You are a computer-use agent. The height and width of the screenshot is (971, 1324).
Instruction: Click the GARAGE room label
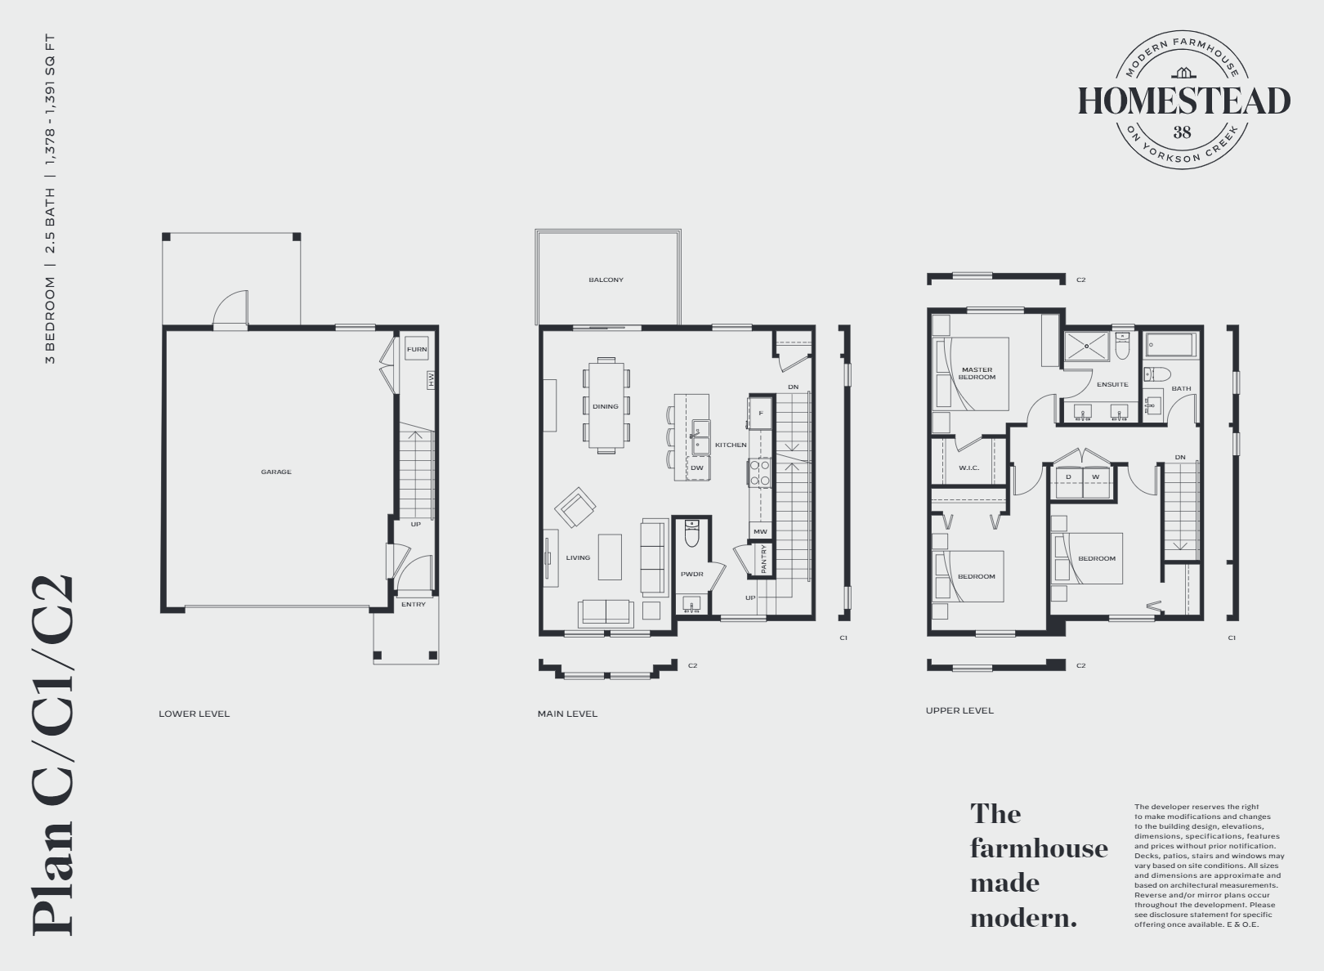tap(276, 472)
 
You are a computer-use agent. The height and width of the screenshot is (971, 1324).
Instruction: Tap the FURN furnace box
tap(417, 350)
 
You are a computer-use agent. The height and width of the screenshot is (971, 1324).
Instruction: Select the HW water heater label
tap(430, 379)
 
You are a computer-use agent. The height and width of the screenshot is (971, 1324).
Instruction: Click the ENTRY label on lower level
tap(414, 604)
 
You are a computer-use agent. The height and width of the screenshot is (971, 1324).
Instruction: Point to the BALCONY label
tap(606, 280)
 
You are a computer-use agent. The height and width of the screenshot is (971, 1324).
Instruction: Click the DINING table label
tap(606, 406)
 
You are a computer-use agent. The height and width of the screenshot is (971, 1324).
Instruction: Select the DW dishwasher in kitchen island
tap(697, 468)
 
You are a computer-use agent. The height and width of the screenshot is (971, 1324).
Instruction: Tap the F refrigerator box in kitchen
tap(761, 414)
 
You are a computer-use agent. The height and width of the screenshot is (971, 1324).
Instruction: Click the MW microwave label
tap(760, 531)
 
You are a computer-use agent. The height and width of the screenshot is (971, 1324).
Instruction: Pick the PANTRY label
tap(763, 560)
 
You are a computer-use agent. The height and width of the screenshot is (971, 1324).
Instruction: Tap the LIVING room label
tap(578, 557)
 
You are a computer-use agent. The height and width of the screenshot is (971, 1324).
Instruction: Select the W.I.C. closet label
tap(968, 468)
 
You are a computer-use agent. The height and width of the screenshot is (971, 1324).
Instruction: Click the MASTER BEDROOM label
tap(977, 374)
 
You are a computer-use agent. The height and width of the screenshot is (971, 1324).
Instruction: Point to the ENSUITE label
tap(1112, 384)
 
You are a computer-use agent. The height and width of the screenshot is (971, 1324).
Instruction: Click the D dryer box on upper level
tap(1069, 477)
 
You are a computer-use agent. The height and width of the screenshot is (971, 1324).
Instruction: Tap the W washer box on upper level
tap(1095, 477)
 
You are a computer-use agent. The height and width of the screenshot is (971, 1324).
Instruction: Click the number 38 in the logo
tap(1182, 132)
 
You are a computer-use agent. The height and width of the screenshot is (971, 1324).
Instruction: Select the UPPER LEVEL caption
tap(959, 710)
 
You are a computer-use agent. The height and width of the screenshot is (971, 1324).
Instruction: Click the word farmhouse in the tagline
tap(1039, 848)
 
